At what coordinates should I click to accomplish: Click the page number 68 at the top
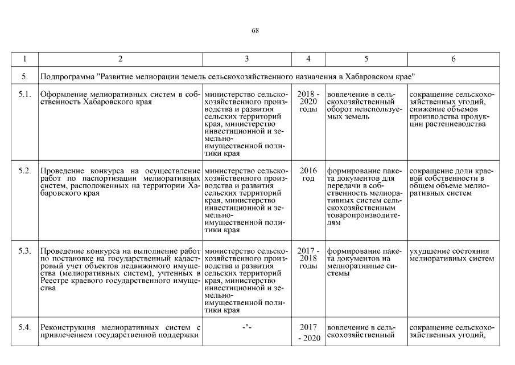point(255,31)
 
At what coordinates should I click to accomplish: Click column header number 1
point(24,59)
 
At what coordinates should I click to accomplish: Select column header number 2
point(120,59)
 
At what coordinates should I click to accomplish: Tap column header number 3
point(246,59)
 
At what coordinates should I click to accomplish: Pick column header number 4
point(308,59)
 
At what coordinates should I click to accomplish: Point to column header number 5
point(366,59)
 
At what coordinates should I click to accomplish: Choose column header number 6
point(453,59)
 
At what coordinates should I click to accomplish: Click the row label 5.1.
point(24,94)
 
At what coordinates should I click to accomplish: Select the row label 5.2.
point(24,171)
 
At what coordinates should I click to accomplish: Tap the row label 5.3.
point(24,251)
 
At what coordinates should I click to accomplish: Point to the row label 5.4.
point(24,327)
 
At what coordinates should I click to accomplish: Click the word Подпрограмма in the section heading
point(67,76)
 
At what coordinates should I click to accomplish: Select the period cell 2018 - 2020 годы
point(308,102)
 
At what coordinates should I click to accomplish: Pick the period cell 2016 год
point(308,175)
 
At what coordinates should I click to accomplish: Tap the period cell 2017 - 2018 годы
point(308,258)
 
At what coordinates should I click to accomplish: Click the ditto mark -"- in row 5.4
point(246,327)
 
